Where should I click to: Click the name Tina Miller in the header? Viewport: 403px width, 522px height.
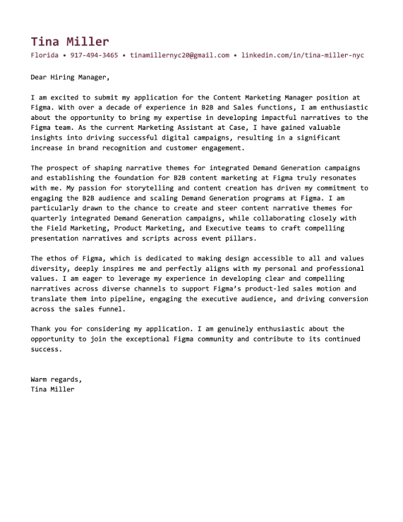pos(70,42)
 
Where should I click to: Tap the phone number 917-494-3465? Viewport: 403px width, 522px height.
pos(94,55)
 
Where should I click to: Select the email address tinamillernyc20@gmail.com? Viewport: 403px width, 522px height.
pos(180,55)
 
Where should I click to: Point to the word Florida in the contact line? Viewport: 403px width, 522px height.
pos(45,55)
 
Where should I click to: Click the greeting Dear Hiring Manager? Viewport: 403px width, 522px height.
pos(71,77)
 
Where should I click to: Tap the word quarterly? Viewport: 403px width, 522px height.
pos(52,219)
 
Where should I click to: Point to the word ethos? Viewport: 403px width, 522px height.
pos(60,259)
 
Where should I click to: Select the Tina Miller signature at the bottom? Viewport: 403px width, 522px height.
pos(52,389)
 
